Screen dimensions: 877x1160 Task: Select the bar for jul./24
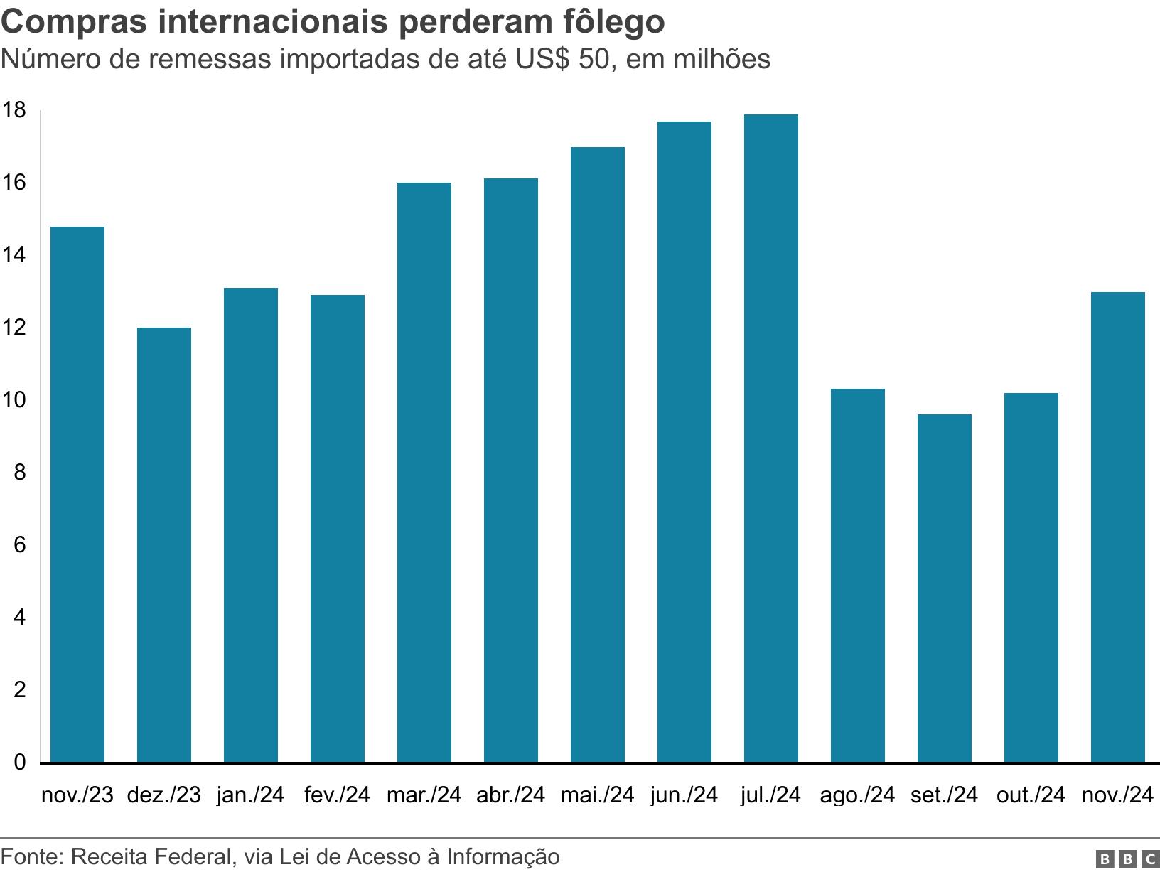(x=770, y=438)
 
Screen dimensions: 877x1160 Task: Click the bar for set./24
(x=944, y=588)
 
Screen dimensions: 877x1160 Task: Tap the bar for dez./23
(x=163, y=544)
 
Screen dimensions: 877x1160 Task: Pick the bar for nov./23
(x=77, y=494)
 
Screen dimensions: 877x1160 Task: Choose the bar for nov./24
(x=1117, y=527)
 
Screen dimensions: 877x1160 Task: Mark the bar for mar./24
(x=424, y=472)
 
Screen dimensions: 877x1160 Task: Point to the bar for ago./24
(x=857, y=575)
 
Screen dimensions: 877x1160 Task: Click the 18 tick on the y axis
(x=14, y=110)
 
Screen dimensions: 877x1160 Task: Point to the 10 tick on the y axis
(x=14, y=400)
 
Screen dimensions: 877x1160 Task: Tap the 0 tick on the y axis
(x=19, y=762)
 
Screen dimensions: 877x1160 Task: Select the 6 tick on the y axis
(x=19, y=545)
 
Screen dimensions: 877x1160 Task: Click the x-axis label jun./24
(x=684, y=795)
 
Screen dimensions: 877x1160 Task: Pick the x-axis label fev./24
(x=337, y=795)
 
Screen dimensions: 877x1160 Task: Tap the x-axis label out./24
(x=1031, y=795)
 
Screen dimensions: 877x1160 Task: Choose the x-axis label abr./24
(x=510, y=795)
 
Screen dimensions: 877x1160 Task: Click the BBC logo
(x=1127, y=859)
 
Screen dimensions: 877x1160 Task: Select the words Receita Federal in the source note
(x=153, y=856)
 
